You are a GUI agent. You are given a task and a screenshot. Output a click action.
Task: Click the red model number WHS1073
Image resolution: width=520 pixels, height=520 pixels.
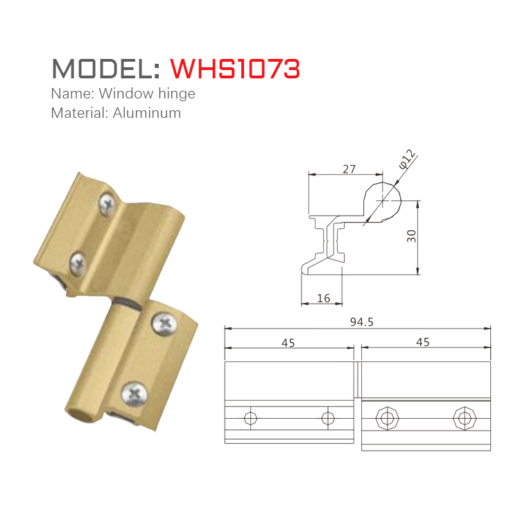[x=235, y=69]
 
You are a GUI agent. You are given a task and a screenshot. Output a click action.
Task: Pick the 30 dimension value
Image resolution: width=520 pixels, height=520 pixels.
[x=412, y=236]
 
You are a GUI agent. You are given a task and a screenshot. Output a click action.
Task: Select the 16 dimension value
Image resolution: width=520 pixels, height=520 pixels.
[x=322, y=298]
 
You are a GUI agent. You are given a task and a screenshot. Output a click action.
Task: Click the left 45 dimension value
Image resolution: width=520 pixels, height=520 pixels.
[x=288, y=343]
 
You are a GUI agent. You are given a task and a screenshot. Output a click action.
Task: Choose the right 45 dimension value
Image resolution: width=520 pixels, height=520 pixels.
[x=422, y=343]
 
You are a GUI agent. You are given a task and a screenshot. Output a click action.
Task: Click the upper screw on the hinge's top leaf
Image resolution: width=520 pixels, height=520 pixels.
[x=107, y=202]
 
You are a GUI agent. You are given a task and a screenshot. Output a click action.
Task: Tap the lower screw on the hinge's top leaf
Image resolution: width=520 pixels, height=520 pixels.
[x=77, y=262]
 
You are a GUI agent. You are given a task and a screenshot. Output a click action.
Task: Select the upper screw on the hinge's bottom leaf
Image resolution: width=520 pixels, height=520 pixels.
[x=165, y=324]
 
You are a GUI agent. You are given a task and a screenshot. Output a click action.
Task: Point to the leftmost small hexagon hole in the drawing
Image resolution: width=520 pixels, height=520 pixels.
[x=250, y=418]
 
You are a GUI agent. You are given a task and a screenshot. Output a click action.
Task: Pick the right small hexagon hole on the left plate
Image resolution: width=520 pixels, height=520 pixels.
[x=328, y=418]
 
